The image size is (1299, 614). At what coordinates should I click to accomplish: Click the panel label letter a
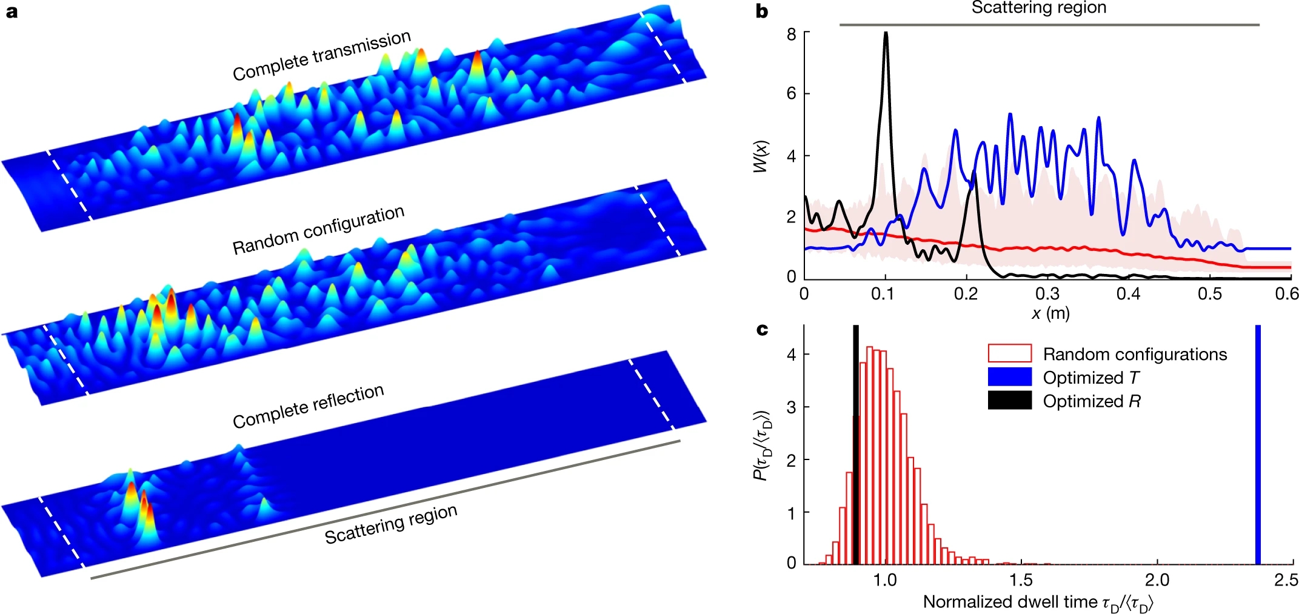pyautogui.click(x=12, y=12)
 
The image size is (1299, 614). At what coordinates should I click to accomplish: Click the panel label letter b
pyautogui.click(x=762, y=12)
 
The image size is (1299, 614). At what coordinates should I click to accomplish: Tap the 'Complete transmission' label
pyautogui.click(x=322, y=55)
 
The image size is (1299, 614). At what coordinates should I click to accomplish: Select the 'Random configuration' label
pyautogui.click(x=318, y=230)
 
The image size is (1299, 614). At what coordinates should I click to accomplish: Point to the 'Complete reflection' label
pyautogui.click(x=309, y=405)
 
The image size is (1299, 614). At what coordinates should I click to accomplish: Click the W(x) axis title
pyautogui.click(x=760, y=156)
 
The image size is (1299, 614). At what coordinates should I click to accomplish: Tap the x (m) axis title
pyautogui.click(x=1050, y=313)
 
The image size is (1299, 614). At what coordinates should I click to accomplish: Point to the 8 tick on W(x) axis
pyautogui.click(x=791, y=35)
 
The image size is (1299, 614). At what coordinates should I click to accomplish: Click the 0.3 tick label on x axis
pyautogui.click(x=1047, y=294)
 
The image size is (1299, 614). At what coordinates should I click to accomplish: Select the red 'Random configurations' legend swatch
pyautogui.click(x=1009, y=353)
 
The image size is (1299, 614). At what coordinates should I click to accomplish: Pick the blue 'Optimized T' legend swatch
pyautogui.click(x=1009, y=377)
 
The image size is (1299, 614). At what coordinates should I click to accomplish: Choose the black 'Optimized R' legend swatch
pyautogui.click(x=1009, y=401)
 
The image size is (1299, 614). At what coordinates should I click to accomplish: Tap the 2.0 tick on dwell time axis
pyautogui.click(x=1157, y=581)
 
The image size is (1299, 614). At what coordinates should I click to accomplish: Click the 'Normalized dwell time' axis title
pyautogui.click(x=1038, y=602)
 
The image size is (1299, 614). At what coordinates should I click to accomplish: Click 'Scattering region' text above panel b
pyautogui.click(x=1038, y=8)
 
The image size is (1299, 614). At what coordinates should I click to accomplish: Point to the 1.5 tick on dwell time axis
pyautogui.click(x=1021, y=581)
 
